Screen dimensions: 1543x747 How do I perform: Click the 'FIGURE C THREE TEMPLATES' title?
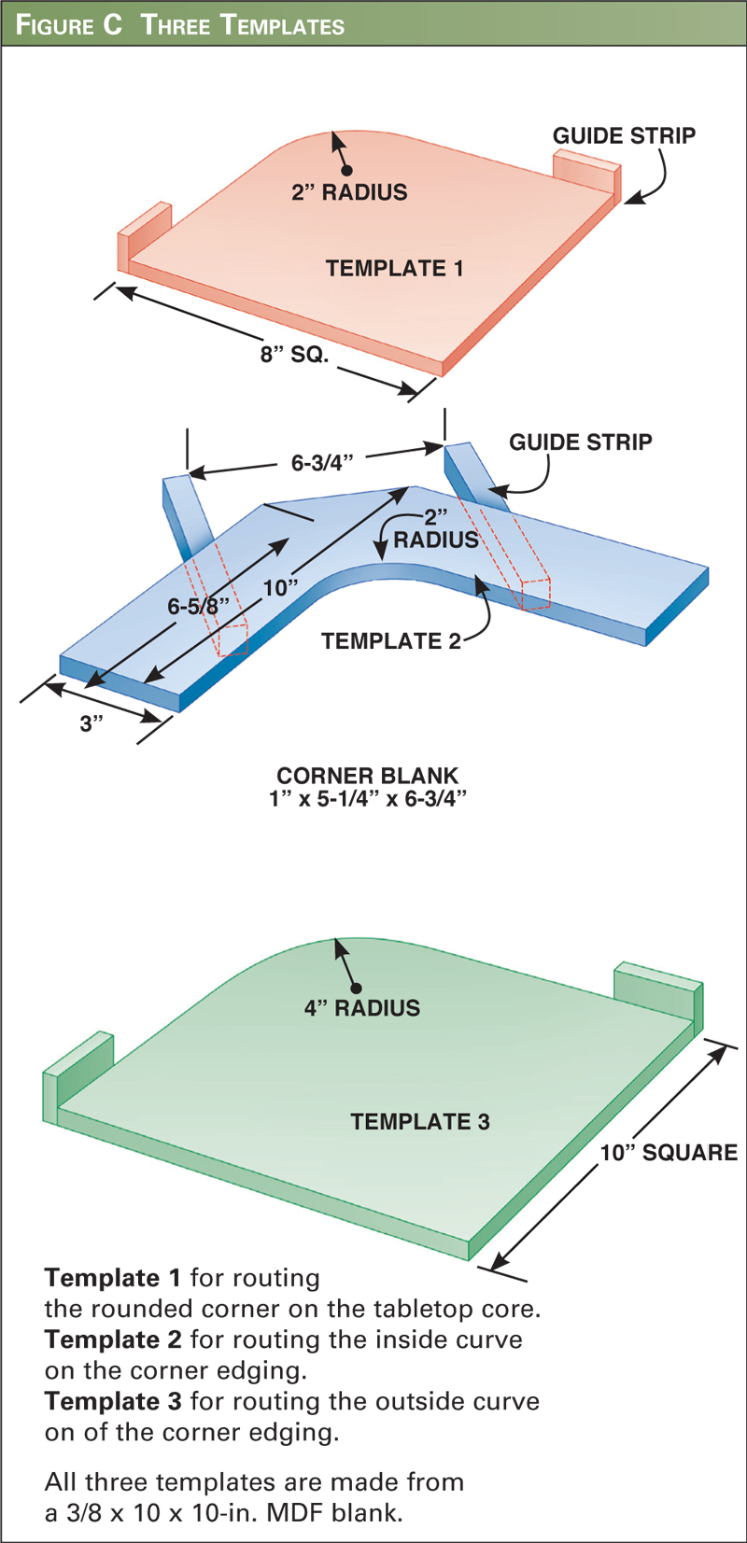tap(180, 24)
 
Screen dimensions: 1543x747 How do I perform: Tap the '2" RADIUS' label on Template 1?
tap(349, 192)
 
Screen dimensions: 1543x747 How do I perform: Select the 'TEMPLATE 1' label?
tap(394, 269)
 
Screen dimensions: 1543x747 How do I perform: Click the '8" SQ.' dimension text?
tap(294, 355)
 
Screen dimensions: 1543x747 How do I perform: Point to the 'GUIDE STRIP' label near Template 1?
tap(624, 136)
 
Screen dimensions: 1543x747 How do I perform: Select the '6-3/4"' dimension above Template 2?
tap(322, 462)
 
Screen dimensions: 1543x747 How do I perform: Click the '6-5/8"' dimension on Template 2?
tap(198, 607)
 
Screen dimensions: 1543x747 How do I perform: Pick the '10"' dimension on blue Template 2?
tap(280, 588)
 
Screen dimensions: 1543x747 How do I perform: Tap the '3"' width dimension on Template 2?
tap(91, 723)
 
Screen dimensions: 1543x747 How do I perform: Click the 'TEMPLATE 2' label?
tap(391, 641)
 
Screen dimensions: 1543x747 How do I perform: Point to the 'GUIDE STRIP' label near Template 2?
tap(580, 442)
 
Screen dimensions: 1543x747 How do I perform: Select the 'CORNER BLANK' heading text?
tap(367, 776)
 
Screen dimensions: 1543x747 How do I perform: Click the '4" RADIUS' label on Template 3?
tap(362, 1008)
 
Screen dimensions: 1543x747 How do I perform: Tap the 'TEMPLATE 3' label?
tap(419, 1122)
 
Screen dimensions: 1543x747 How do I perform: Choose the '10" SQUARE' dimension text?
tap(669, 1153)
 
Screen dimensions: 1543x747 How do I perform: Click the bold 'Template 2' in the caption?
tap(113, 1340)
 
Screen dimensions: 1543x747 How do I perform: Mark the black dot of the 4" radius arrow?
tap(356, 989)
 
